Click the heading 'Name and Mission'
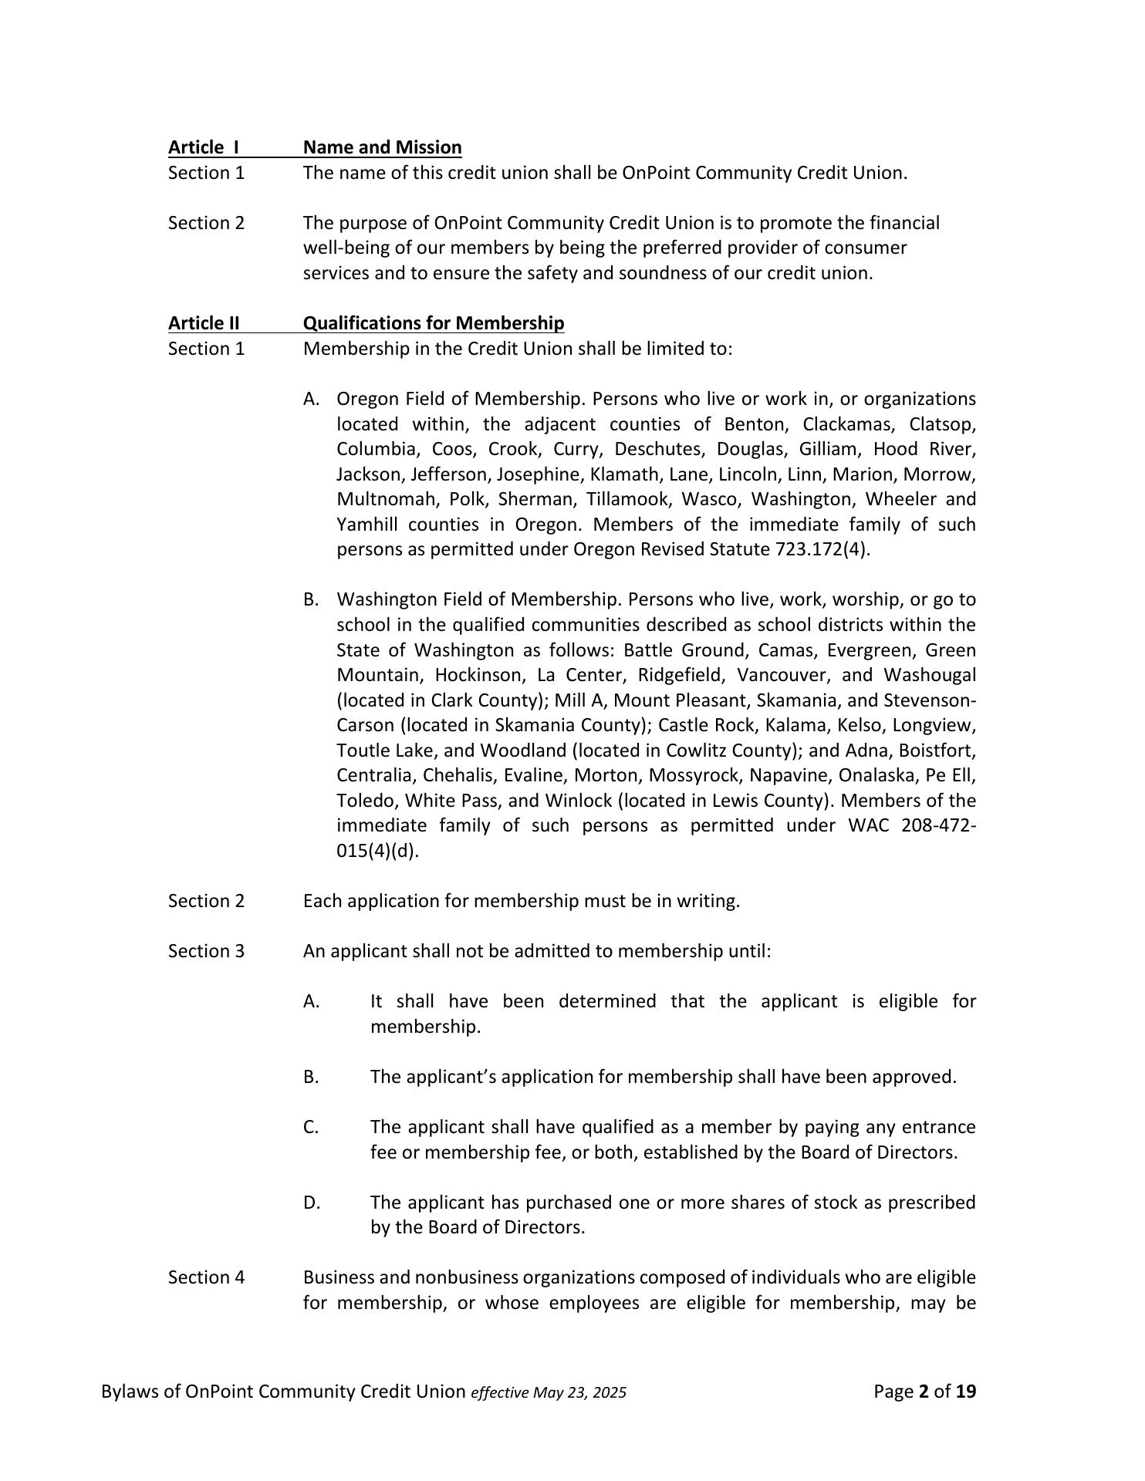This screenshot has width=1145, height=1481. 382,147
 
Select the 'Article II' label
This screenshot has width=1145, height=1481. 204,322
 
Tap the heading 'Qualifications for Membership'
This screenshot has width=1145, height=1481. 433,322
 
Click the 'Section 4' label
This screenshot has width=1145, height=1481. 206,1277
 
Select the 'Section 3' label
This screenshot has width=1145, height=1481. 206,951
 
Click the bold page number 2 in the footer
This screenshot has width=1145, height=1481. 923,1392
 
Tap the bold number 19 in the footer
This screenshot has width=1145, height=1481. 966,1392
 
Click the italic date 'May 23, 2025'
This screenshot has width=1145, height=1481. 579,1392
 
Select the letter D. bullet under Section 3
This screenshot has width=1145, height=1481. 312,1203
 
